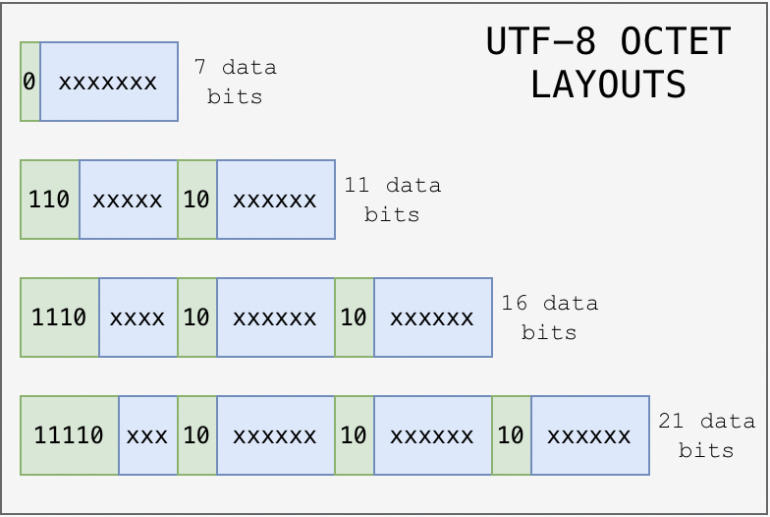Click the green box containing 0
coord(29,82)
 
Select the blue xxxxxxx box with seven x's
coord(108,82)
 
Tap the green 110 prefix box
coord(49,200)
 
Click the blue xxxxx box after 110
coord(128,200)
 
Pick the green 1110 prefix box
coord(59,317)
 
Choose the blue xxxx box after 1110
coord(137,317)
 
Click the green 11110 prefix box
coord(69,435)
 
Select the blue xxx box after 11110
coord(147,435)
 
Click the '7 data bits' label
coord(235,82)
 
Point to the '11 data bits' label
coord(392,200)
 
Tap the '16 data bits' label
coord(549,317)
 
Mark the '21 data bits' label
coord(706,435)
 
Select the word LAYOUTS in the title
coord(608,85)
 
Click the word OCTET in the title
coord(676,42)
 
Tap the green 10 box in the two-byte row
coord(196,200)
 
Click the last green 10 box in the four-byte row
coord(511,435)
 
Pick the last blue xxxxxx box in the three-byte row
coord(432,317)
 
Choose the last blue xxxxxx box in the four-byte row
coord(589,435)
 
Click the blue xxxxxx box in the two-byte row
coord(275,200)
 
